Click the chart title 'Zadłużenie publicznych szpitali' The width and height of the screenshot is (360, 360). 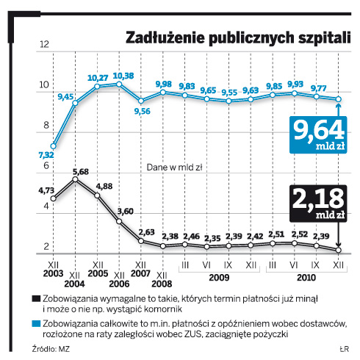pyautogui.click(x=238, y=38)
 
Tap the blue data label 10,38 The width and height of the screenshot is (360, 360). pyautogui.click(x=123, y=76)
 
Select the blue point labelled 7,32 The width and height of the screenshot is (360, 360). pyautogui.click(x=53, y=146)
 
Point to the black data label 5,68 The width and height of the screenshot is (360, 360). pyautogui.click(x=81, y=172)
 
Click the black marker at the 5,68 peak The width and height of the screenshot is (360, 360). pyautogui.click(x=75, y=179)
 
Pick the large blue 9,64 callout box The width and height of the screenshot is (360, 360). pyautogui.click(x=318, y=135)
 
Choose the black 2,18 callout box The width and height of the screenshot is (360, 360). pyautogui.click(x=318, y=204)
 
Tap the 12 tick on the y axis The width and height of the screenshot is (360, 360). pyautogui.click(x=44, y=44)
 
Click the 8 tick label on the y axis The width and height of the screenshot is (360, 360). pyautogui.click(x=46, y=125)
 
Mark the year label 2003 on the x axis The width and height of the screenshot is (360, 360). pyautogui.click(x=53, y=273)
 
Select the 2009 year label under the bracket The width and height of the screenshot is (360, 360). pyautogui.click(x=219, y=278)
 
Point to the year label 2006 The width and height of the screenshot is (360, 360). pyautogui.click(x=119, y=284)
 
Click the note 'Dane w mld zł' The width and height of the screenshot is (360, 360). pyautogui.click(x=174, y=168)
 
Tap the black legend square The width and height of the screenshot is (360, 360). pyautogui.click(x=36, y=298)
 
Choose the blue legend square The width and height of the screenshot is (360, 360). pyautogui.click(x=36, y=323)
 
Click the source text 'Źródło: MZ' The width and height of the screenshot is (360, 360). pyautogui.click(x=51, y=349)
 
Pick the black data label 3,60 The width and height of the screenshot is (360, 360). pyautogui.click(x=125, y=211)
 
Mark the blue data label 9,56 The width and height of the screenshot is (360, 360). pyautogui.click(x=143, y=112)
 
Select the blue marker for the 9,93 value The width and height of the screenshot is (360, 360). pyautogui.click(x=295, y=93)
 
